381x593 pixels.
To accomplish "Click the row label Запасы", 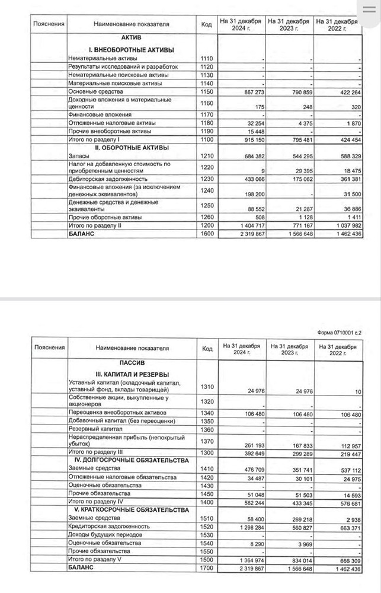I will [x=81, y=155].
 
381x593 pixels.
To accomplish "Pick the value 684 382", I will [x=249, y=156].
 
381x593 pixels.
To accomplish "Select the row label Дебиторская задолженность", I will [x=107, y=178].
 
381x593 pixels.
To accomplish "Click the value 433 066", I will [x=249, y=178].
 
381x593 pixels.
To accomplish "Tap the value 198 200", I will [x=250, y=194].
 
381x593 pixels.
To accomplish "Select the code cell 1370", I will [x=207, y=441].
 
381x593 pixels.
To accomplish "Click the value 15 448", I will [x=252, y=130].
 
